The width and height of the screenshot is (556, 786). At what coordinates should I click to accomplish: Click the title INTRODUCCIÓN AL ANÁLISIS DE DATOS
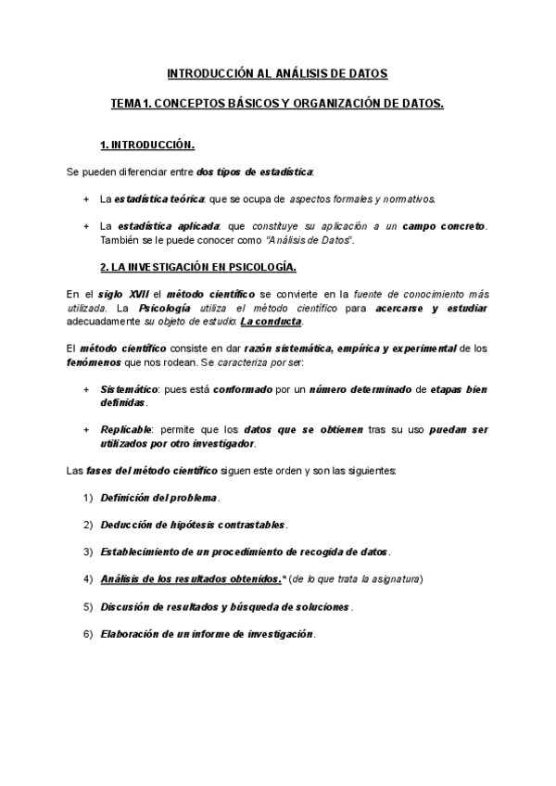tap(277, 72)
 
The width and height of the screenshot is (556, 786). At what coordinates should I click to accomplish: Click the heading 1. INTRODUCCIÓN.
tap(146, 146)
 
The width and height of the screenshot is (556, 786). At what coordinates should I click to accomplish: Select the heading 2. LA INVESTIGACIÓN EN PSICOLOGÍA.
tap(197, 267)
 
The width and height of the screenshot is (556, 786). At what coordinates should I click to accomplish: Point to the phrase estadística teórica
tap(160, 199)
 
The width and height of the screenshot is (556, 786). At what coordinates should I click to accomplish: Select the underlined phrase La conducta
tap(271, 321)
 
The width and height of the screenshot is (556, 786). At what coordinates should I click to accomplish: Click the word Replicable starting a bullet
tap(127, 430)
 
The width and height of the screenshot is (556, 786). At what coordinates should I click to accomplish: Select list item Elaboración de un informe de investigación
tap(208, 634)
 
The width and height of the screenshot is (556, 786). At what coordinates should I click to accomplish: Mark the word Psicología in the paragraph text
tap(165, 307)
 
